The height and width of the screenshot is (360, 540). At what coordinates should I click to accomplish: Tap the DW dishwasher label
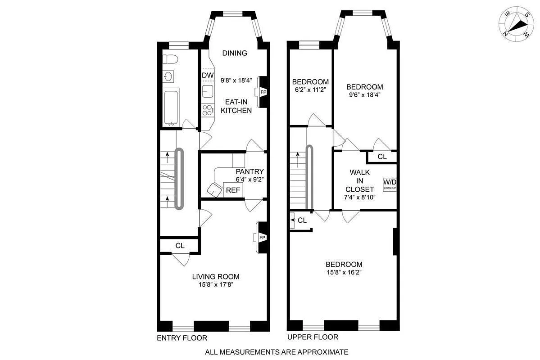click(207, 75)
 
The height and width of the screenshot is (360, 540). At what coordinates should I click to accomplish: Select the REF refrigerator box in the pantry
click(233, 190)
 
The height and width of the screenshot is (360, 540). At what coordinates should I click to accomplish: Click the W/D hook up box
click(390, 184)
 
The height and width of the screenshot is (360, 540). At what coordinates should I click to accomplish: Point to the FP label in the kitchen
click(263, 92)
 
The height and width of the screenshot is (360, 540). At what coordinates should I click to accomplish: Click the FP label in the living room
click(263, 238)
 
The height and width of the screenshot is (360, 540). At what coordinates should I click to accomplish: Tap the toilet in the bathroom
click(169, 59)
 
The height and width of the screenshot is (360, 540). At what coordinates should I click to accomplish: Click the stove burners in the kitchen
click(208, 109)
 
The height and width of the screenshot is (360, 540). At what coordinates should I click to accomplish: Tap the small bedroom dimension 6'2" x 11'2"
click(310, 90)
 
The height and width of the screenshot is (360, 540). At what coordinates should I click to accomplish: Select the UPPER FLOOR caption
click(313, 337)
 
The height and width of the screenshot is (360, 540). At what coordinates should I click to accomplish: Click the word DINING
click(235, 53)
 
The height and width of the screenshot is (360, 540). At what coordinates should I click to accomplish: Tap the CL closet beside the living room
click(180, 246)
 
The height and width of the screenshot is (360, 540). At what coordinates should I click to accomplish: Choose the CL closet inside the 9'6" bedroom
click(382, 157)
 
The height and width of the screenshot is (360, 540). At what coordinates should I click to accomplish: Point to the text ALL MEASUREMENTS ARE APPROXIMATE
click(277, 352)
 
